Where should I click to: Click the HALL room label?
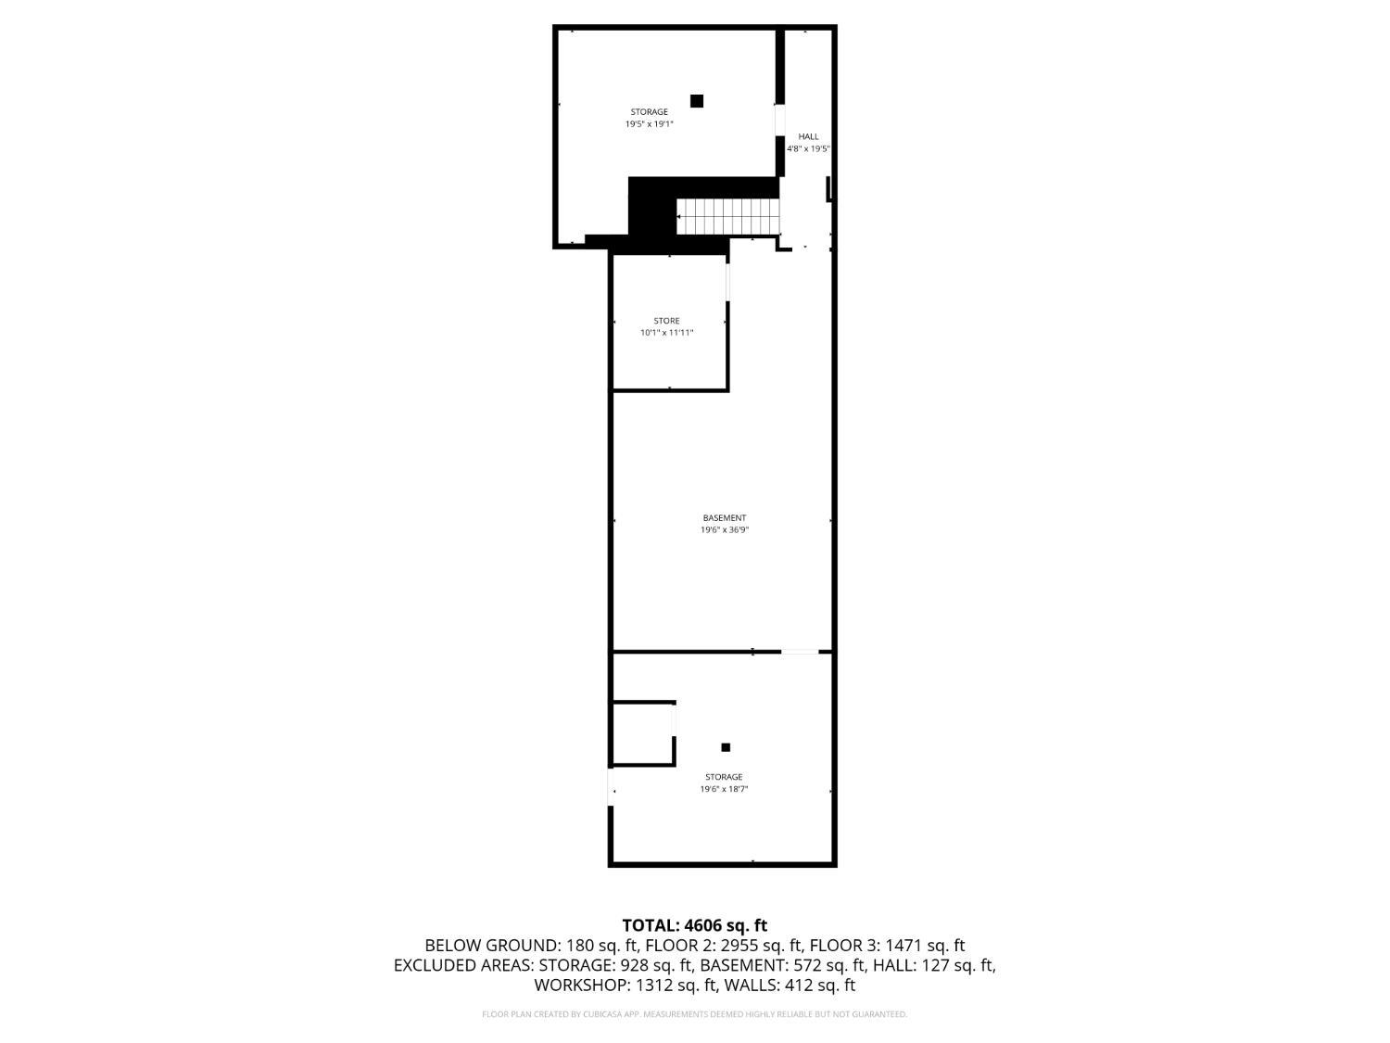pyautogui.click(x=808, y=136)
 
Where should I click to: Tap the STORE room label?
pyautogui.click(x=666, y=321)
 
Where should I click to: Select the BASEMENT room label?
pyautogui.click(x=725, y=517)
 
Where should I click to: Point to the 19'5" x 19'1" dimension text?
pyautogui.click(x=649, y=124)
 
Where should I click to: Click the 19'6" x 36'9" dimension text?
pyautogui.click(x=725, y=530)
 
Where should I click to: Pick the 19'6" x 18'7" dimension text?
pyautogui.click(x=724, y=789)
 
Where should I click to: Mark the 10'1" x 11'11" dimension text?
pyautogui.click(x=667, y=333)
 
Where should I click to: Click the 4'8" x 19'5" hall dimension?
pyautogui.click(x=808, y=149)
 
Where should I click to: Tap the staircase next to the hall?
pyautogui.click(x=727, y=217)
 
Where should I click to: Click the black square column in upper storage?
pyautogui.click(x=697, y=101)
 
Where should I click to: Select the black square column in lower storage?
pyautogui.click(x=726, y=747)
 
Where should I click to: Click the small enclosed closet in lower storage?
pyautogui.click(x=643, y=733)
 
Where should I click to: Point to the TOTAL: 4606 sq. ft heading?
pyautogui.click(x=695, y=925)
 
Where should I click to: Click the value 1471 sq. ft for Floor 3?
pyautogui.click(x=924, y=946)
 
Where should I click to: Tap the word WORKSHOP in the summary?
pyautogui.click(x=581, y=986)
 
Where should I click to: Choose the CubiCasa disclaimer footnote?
pyautogui.click(x=695, y=1014)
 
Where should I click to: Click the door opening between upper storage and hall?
pyautogui.click(x=780, y=120)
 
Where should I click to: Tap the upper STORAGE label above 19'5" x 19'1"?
pyautogui.click(x=649, y=111)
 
